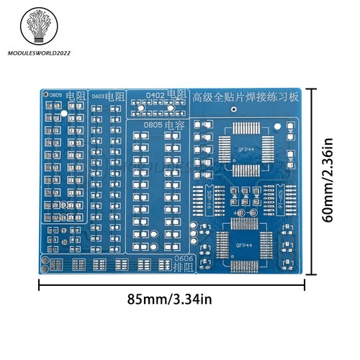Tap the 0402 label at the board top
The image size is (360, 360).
tap(155, 95)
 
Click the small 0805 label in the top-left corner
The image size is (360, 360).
tap(55, 95)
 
